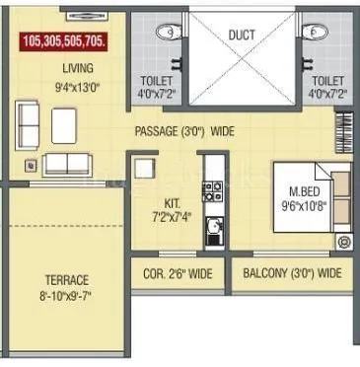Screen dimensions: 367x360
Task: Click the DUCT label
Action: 242,36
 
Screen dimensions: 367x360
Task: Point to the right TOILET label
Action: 326,81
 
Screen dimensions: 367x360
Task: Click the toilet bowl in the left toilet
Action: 173,33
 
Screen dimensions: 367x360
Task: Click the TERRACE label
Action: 66,279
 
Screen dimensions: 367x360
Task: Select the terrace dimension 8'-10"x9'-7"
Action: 66,295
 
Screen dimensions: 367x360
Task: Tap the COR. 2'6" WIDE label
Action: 178,273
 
